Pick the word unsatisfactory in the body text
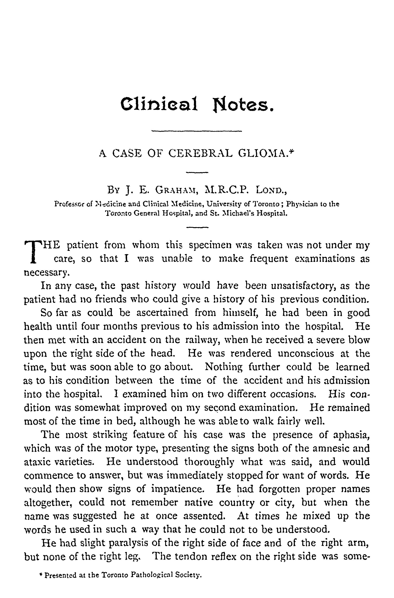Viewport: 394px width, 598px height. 305,286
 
